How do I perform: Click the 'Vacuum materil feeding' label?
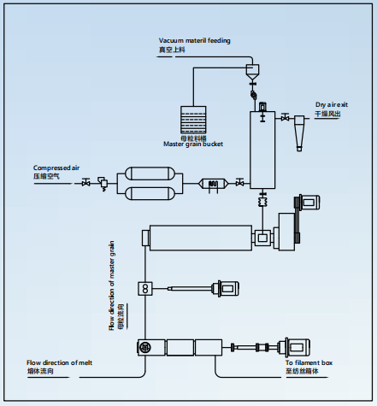194,41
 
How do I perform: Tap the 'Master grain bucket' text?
193,144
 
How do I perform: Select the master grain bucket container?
193,120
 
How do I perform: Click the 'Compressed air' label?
56,168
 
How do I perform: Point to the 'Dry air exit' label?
332,105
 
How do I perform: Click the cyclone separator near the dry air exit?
299,132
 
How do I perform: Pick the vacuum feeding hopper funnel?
252,72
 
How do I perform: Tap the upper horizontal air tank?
150,174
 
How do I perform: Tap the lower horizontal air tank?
150,193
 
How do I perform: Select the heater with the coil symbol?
214,184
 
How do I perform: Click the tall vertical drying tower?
262,150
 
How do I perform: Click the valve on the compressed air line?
85,183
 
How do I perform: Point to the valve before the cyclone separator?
285,117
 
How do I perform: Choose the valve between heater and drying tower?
240,182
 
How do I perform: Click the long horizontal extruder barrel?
201,238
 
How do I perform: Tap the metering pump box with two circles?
145,289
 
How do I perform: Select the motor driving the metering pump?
227,289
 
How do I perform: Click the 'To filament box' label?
309,362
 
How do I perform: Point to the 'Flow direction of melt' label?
59,362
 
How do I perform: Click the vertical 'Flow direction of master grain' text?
111,285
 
